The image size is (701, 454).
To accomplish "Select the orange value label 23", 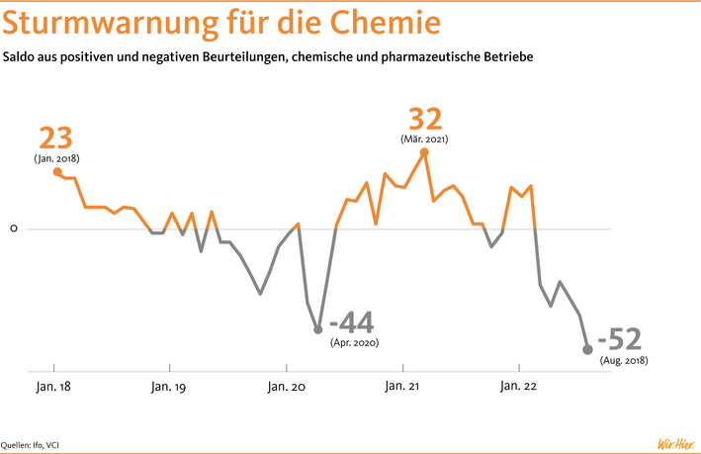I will click(55, 137).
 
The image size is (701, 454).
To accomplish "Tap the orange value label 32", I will click(425, 120).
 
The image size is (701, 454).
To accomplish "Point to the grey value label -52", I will click(624, 339).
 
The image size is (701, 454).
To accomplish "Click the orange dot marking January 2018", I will click(56, 171).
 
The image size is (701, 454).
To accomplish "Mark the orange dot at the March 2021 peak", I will click(424, 152).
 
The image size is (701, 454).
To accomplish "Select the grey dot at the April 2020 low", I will click(318, 329).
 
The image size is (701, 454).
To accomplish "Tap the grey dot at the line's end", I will click(587, 349).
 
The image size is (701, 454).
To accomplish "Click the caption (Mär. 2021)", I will click(425, 139).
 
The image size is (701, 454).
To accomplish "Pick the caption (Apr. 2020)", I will click(355, 342).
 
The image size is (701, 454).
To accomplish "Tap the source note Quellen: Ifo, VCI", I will click(37, 444).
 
